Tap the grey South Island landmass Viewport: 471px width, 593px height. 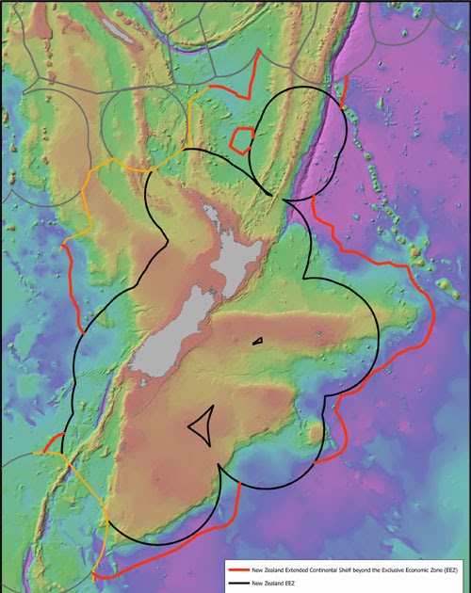(x=179, y=329)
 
